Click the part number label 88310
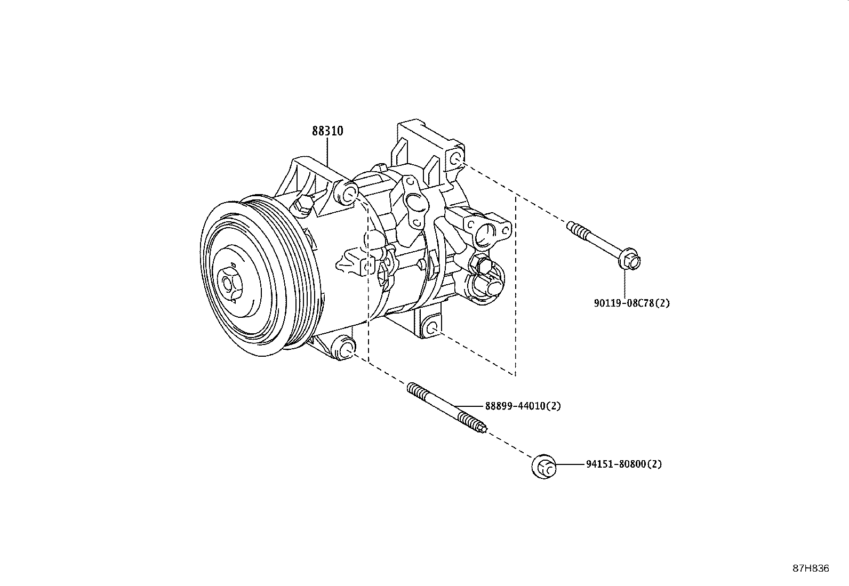click(x=327, y=131)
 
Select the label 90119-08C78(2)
click(x=631, y=303)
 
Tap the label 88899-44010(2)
click(x=523, y=406)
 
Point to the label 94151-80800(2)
click(x=623, y=464)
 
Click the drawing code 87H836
click(x=810, y=568)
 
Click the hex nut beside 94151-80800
click(x=543, y=466)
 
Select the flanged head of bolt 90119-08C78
click(x=629, y=261)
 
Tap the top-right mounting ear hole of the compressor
click(x=455, y=158)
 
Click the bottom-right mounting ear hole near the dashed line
click(x=432, y=327)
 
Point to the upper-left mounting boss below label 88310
click(x=348, y=195)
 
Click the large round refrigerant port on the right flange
click(x=486, y=233)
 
